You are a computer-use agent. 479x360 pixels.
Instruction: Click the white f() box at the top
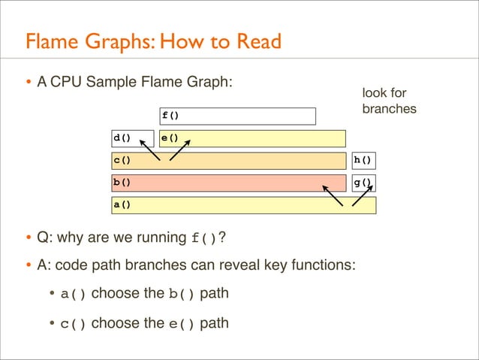237,116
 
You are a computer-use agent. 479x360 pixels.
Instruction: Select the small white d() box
132,138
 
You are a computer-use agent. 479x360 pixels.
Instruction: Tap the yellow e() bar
252,138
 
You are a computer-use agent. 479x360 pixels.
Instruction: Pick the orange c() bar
225,160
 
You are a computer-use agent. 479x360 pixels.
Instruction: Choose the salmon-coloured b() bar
225,182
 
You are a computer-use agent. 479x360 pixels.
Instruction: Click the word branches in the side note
389,109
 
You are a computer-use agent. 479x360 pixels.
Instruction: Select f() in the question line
204,240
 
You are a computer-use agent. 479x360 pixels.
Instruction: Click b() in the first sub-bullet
181,294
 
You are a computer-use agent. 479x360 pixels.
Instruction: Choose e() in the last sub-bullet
181,324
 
